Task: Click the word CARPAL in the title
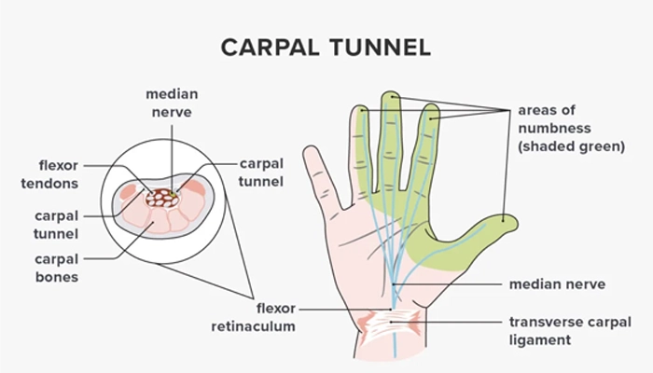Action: point(270,47)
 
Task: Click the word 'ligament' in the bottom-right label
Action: point(540,340)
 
